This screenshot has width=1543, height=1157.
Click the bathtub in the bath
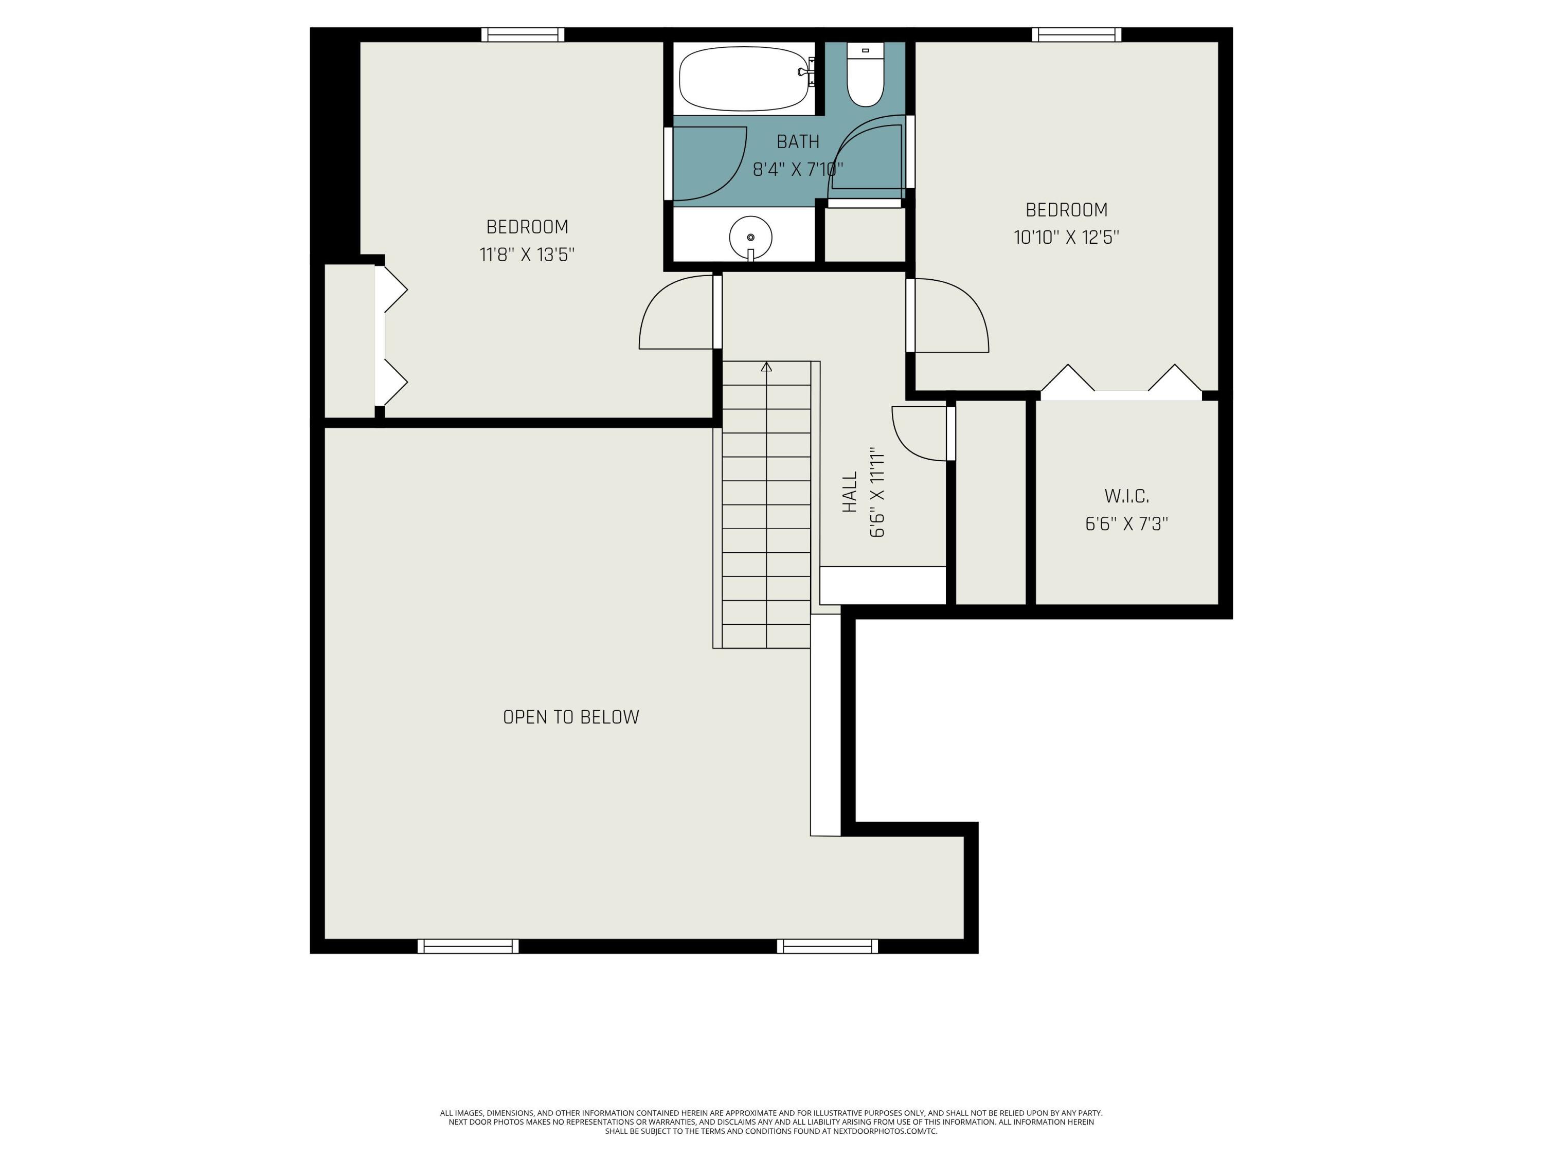coord(744,79)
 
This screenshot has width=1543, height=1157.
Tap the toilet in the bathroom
coord(866,74)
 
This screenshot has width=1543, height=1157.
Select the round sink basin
coord(750,237)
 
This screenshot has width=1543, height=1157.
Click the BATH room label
coord(798,141)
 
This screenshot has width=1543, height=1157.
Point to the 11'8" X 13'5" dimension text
coord(527,255)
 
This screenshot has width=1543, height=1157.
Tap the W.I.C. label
coord(1126,497)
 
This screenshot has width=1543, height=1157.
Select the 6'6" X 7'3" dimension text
coord(1126,524)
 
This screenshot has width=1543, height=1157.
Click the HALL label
coord(850,493)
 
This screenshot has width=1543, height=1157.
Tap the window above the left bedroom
coord(523,34)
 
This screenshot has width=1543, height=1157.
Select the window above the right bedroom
coord(1076,34)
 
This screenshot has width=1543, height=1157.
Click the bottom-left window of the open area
coord(468,946)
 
